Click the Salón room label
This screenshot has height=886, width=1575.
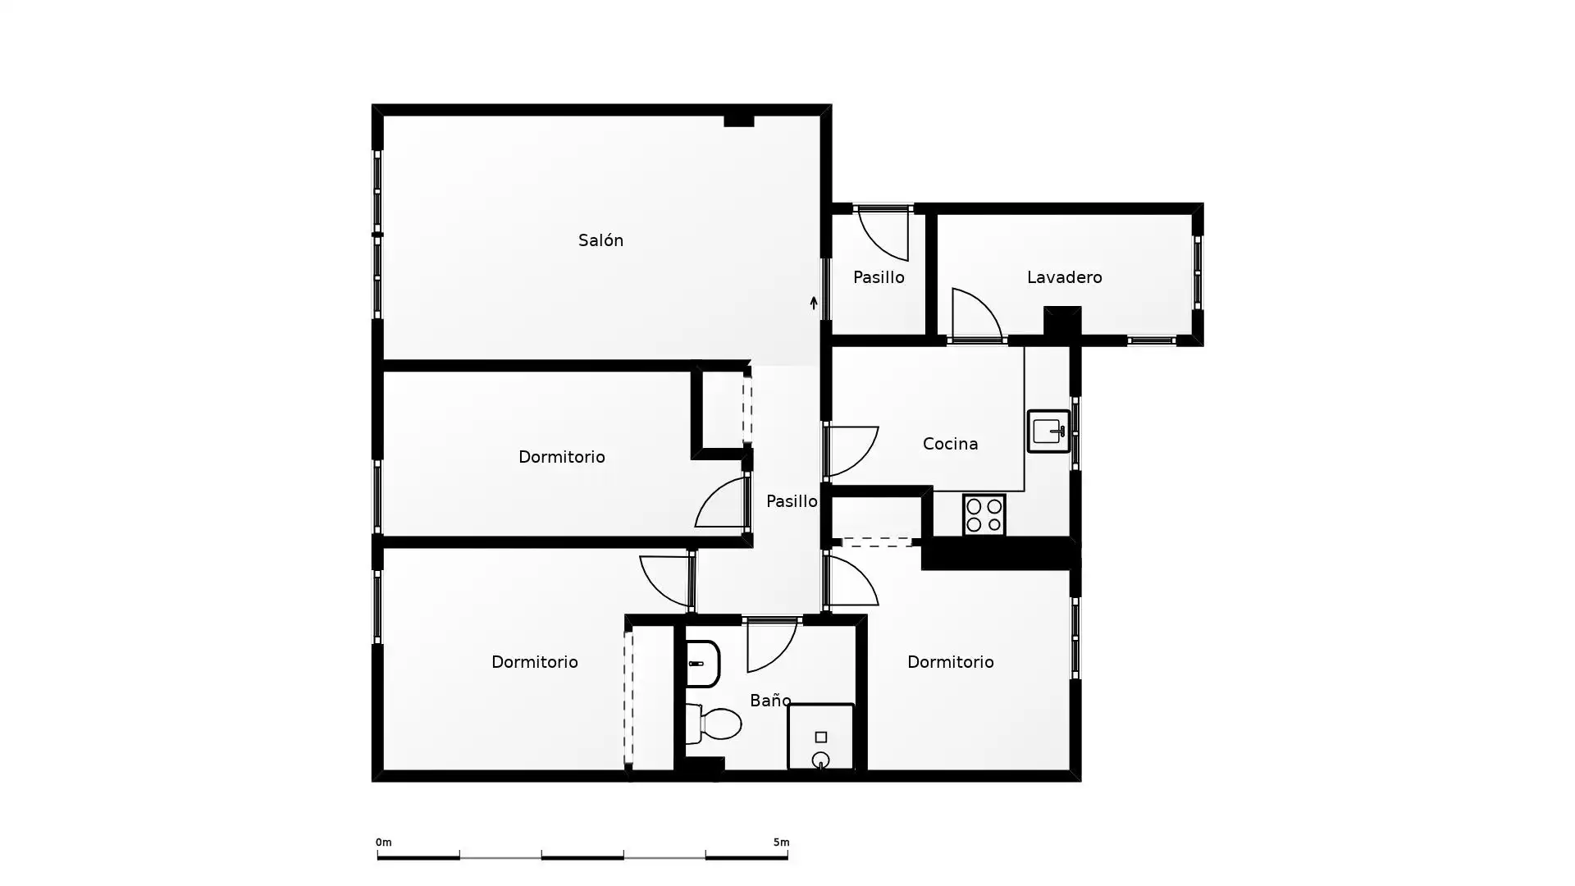600,240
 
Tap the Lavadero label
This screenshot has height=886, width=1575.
1064,277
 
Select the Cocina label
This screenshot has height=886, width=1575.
950,444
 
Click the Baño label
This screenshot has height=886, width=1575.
770,700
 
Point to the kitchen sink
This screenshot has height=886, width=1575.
1049,431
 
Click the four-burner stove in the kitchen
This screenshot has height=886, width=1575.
984,515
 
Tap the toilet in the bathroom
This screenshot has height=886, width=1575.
713,724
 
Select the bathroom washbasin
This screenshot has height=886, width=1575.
702,664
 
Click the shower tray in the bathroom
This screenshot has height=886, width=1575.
820,737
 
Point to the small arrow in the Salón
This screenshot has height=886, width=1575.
814,303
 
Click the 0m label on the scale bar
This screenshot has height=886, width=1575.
383,843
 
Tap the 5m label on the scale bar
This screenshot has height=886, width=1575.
781,843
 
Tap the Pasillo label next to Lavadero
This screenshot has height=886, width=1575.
879,277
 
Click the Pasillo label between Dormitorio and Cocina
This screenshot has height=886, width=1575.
792,501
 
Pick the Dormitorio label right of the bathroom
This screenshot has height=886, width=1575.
950,662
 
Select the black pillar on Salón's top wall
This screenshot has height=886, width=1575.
738,121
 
